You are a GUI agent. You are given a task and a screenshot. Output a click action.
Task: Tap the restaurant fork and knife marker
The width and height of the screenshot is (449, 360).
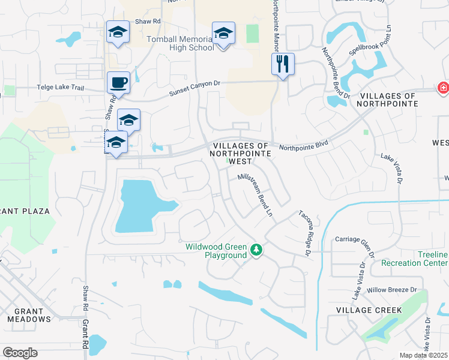283,64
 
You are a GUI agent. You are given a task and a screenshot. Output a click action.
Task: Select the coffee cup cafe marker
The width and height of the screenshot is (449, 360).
118,83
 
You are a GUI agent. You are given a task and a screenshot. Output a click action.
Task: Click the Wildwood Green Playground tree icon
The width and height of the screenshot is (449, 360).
256,250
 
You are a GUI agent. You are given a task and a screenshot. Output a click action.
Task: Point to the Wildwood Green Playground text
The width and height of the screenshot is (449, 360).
215,251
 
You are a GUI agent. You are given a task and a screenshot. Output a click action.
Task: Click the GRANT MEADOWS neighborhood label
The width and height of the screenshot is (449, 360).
29,315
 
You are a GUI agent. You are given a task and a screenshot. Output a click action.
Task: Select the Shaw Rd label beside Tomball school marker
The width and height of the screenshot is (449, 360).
148,21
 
